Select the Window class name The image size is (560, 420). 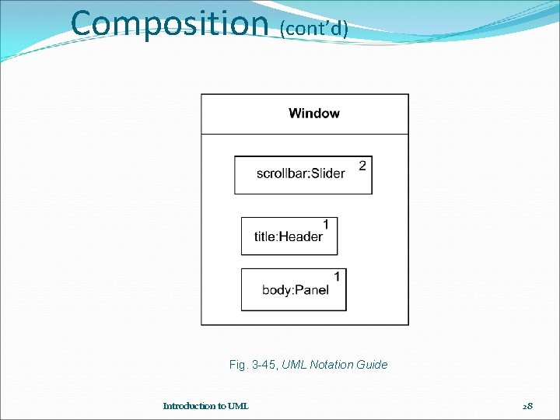click(x=314, y=114)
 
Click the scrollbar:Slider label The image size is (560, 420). click(x=301, y=173)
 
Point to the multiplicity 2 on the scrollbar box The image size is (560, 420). click(x=362, y=165)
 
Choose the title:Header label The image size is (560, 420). click(x=289, y=236)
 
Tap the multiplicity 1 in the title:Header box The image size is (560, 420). click(x=327, y=224)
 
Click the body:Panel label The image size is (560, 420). click(x=296, y=290)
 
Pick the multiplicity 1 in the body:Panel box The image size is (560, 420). click(x=337, y=276)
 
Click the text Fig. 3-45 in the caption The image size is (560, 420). click(x=254, y=365)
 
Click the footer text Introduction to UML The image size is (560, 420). click(x=206, y=406)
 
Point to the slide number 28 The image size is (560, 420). click(x=528, y=406)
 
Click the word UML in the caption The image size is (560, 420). click(x=295, y=365)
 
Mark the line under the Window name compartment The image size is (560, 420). click(x=305, y=135)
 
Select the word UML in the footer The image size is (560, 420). click(x=237, y=406)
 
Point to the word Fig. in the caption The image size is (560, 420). click(x=237, y=365)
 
